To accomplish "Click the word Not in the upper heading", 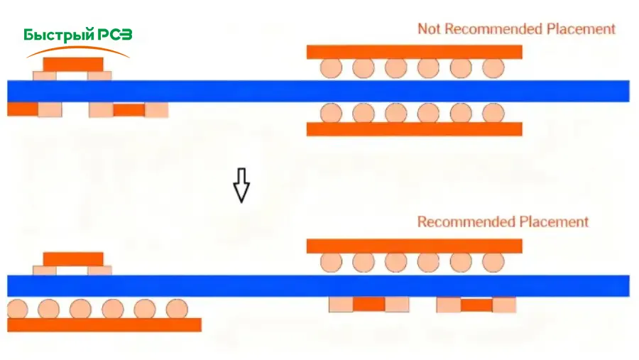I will (x=430, y=29).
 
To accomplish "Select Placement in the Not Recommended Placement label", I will (x=581, y=29).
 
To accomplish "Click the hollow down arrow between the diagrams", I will (x=241, y=185).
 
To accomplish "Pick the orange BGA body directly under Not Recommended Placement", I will (x=414, y=52).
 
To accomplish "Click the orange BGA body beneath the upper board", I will (x=414, y=129).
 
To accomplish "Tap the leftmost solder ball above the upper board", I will (x=331, y=68).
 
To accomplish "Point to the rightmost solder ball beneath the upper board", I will (x=493, y=113).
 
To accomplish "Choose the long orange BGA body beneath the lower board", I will (x=104, y=324).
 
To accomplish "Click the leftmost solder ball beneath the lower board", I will (x=17, y=309).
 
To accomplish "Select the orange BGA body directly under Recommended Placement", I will (x=414, y=246).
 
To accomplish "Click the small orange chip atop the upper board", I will (x=73, y=64).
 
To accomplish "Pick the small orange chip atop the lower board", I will (x=73, y=258).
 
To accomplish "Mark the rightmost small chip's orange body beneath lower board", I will (x=476, y=305).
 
